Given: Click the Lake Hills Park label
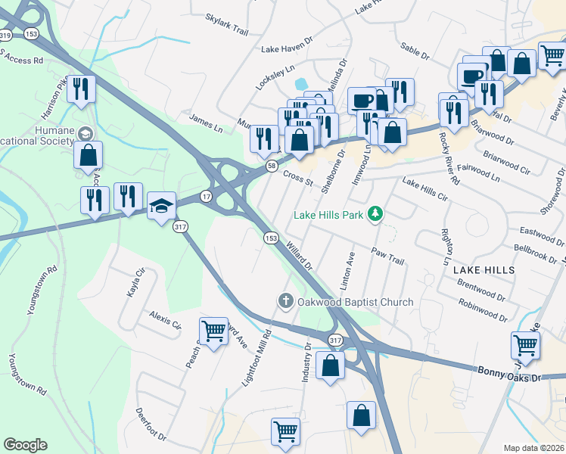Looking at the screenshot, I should [329, 216].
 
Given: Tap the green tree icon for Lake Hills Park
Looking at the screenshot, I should [374, 215].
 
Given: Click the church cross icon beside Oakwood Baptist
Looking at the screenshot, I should [285, 301].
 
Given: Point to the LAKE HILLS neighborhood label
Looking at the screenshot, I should [484, 269].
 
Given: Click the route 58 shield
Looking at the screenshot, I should [270, 164].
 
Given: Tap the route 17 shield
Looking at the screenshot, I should [206, 196].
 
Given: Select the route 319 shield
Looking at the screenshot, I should [5, 36].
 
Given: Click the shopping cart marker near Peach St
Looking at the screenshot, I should [214, 330].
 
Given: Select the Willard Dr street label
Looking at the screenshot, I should [300, 255].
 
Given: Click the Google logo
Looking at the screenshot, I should [25, 445].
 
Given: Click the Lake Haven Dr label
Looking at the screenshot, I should [287, 48].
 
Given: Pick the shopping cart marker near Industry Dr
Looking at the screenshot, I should [286, 431].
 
